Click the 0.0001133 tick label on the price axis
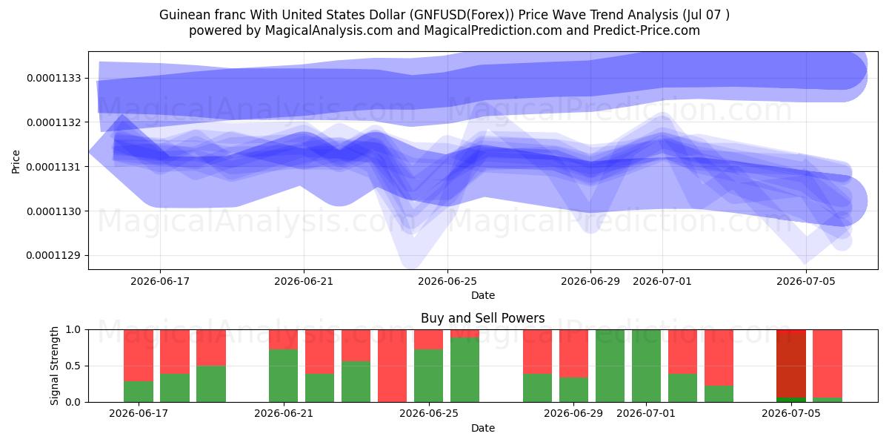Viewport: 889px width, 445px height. tap(53, 78)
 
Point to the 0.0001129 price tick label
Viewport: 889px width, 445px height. tap(53, 255)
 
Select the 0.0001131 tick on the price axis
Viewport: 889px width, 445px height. tap(53, 166)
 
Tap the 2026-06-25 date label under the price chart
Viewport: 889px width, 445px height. tap(447, 281)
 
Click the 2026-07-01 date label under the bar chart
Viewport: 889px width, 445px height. tap(646, 413)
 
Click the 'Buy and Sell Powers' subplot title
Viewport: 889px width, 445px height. tap(482, 318)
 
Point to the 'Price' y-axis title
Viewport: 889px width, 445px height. tap(16, 162)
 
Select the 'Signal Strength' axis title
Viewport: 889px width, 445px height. tap(54, 366)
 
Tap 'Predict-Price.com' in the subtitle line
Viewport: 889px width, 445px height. tap(647, 30)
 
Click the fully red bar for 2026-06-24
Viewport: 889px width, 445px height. tap(392, 366)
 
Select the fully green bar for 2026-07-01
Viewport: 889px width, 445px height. tap(646, 366)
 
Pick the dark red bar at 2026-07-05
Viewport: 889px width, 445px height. tap(791, 363)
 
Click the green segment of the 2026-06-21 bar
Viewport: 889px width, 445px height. tap(283, 375)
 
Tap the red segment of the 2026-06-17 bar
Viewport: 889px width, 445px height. tap(139, 355)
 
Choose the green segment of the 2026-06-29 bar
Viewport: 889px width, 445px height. tap(573, 389)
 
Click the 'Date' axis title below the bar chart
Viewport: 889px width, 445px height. tap(482, 428)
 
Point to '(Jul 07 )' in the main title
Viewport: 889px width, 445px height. tap(706, 15)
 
